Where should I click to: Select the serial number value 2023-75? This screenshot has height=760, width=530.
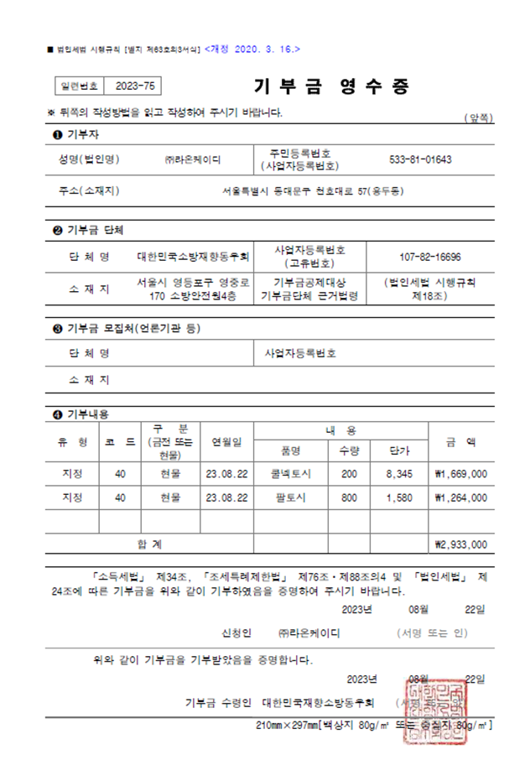pyautogui.click(x=134, y=86)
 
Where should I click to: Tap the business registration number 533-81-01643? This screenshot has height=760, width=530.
pyautogui.click(x=421, y=159)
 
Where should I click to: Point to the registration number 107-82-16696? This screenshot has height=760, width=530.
pyautogui.click(x=429, y=257)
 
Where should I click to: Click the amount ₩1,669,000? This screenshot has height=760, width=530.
pyautogui.click(x=460, y=474)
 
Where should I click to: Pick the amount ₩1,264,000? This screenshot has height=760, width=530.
pyautogui.click(x=460, y=497)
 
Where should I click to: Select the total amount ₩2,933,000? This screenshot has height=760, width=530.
pyautogui.click(x=460, y=544)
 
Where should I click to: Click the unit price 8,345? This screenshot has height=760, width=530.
pyautogui.click(x=399, y=474)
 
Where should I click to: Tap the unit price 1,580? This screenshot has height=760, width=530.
pyautogui.click(x=399, y=497)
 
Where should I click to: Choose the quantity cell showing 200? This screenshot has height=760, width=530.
pyautogui.click(x=349, y=474)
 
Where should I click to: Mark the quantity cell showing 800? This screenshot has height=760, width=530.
pyautogui.click(x=349, y=497)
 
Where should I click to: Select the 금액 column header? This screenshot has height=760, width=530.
pyautogui.click(x=460, y=440)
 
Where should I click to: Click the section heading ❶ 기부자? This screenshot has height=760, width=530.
pyautogui.click(x=71, y=134)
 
